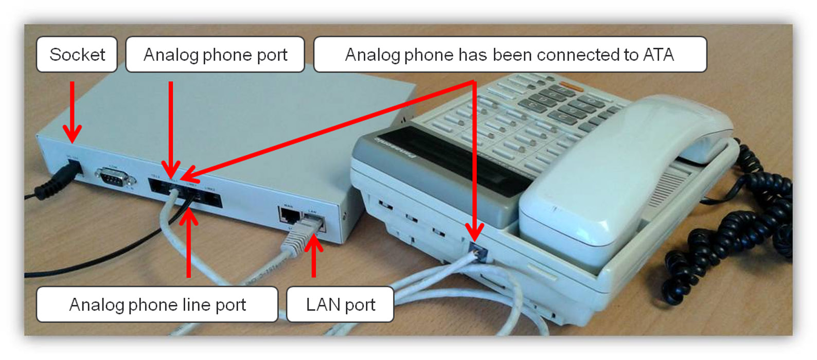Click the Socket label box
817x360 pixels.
click(77, 55)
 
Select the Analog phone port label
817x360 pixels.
click(215, 55)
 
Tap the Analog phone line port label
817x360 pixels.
click(157, 304)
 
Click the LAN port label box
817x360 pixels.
click(340, 304)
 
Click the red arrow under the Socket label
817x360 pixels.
click(72, 113)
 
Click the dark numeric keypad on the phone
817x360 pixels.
click(561, 103)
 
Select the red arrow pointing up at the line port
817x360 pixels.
click(189, 242)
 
